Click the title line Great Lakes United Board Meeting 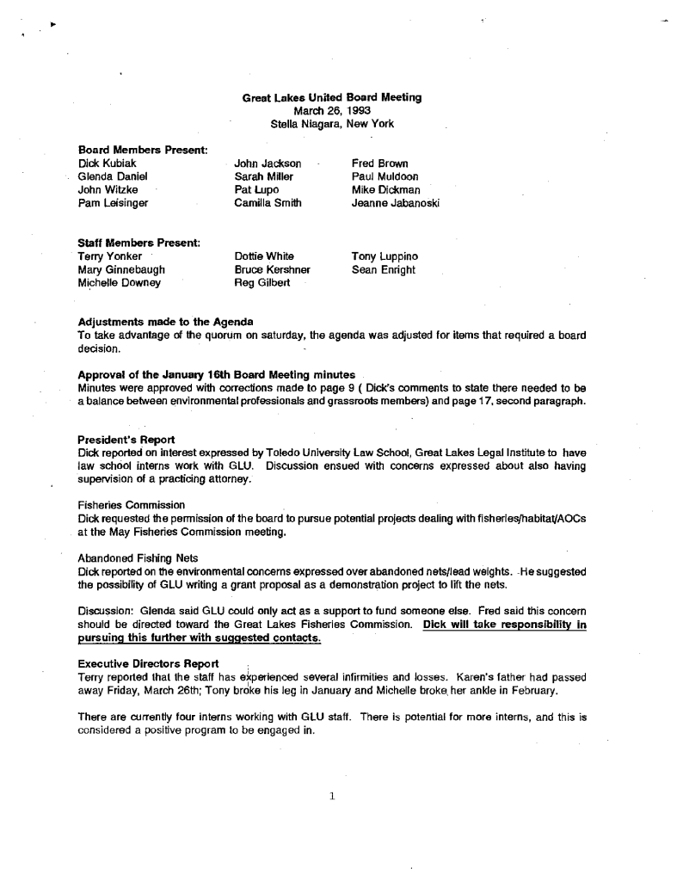332,98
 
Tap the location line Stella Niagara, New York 332,124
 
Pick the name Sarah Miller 263,176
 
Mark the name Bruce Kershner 272,270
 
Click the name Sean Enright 384,270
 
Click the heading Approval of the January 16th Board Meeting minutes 216,375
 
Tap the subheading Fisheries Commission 131,505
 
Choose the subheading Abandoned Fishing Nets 138,558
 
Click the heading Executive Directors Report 148,664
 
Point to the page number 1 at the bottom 331,796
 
